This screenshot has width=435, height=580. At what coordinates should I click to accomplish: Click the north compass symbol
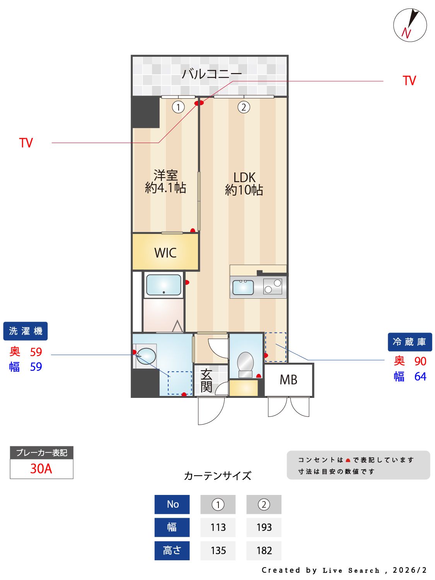pos(410,25)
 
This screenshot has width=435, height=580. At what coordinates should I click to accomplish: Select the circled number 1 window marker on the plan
pos(178,107)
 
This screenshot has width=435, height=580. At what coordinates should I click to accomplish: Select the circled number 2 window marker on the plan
pos(244,107)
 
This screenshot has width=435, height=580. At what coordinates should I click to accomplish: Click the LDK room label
pos(244,177)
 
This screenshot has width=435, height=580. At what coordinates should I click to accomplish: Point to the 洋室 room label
pos(165,175)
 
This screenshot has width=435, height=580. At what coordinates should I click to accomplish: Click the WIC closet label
pos(165,253)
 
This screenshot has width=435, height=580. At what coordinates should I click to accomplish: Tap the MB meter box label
pos(288,380)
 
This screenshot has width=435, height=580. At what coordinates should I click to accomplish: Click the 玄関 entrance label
pos(206,380)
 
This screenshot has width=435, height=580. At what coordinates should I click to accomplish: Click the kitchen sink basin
pos(243,287)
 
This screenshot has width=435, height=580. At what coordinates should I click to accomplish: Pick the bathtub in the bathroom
pos(164,285)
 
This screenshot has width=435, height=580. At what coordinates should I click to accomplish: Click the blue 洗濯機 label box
pos(26,331)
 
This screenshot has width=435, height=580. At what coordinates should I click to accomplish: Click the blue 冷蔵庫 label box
pos(409,342)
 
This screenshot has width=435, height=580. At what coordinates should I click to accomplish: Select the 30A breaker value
pos(41,469)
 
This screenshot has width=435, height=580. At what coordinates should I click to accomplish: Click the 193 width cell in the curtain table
pos(264,527)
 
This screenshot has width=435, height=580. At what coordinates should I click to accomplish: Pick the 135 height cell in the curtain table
pos(218,550)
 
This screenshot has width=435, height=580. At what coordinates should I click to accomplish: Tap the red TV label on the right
pos(409,81)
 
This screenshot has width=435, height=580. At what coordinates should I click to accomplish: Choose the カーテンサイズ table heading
pos(217,476)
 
